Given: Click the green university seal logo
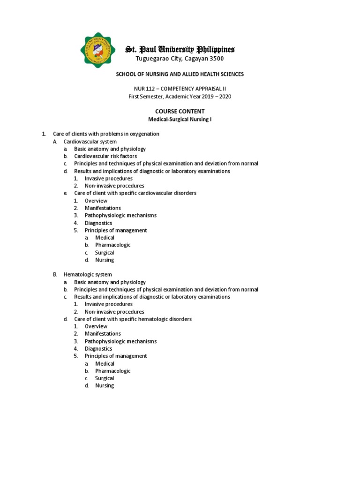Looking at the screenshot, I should [x=97, y=51].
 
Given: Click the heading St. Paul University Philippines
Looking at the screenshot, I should [x=180, y=49].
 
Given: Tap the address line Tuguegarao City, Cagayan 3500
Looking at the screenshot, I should [x=180, y=59].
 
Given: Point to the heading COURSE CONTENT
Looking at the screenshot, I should [x=180, y=111].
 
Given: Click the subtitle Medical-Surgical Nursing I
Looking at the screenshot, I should [x=180, y=119].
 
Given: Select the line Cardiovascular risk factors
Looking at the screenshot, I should [x=105, y=156].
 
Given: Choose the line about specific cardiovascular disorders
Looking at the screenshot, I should [x=135, y=193].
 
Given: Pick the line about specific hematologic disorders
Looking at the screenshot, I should [x=133, y=319].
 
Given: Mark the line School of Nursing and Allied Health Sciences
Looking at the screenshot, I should [x=180, y=74].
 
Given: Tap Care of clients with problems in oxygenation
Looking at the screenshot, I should [x=106, y=134].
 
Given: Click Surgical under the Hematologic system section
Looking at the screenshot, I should [x=105, y=378].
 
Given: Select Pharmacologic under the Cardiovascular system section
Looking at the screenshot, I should [x=112, y=245].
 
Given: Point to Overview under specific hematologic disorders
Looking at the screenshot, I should [x=96, y=326].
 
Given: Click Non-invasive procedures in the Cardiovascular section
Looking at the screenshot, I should [x=114, y=186].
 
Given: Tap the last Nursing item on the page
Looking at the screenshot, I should [x=105, y=386].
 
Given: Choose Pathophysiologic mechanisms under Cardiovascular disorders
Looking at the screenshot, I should [x=120, y=215].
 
